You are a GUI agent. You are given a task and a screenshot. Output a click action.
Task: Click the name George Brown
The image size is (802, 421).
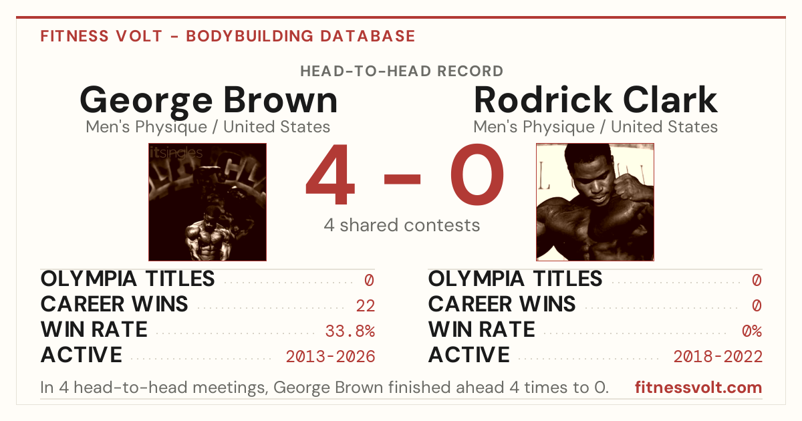(x=209, y=101)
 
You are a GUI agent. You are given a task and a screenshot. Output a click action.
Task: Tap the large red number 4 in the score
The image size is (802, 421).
(x=330, y=174)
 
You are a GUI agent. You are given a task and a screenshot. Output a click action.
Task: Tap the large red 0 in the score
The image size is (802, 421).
(x=477, y=174)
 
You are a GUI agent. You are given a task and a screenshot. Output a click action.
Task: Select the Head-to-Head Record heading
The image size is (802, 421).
(x=402, y=72)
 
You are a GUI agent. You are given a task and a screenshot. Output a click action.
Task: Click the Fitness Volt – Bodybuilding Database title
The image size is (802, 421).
(x=228, y=36)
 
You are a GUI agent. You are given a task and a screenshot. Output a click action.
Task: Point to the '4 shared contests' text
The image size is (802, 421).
(x=402, y=226)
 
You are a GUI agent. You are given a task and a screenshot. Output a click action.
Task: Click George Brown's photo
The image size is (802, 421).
(x=208, y=202)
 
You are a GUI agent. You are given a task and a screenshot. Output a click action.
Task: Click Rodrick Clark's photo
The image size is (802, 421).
(x=595, y=202)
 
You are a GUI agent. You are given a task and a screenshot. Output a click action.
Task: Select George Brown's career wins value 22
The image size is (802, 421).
(x=365, y=306)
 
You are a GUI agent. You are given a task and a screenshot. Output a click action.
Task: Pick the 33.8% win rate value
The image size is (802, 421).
(x=350, y=331)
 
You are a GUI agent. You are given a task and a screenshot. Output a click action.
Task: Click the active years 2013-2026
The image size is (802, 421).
(x=330, y=357)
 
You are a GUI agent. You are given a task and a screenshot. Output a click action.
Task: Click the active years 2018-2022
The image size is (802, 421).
(x=718, y=357)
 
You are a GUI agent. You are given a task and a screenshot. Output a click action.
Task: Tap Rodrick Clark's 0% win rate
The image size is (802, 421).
(x=752, y=331)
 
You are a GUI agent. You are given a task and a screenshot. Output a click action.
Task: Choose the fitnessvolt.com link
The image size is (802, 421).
(x=698, y=388)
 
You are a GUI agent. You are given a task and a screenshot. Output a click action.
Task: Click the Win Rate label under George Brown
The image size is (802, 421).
(x=94, y=329)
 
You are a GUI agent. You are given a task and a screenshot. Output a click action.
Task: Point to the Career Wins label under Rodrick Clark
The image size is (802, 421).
(x=502, y=304)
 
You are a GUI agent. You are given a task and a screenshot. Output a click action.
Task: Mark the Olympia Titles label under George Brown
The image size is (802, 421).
(x=128, y=279)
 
